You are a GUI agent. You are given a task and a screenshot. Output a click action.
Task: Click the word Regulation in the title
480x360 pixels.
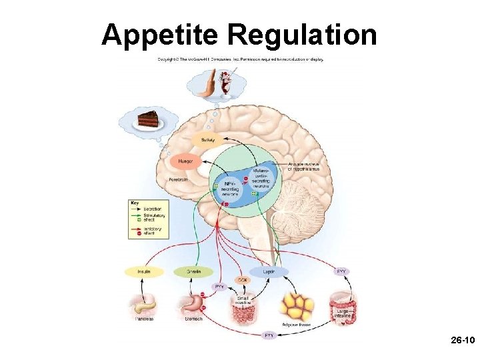(302, 35)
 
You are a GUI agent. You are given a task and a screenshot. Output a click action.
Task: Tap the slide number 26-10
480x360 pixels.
(461, 341)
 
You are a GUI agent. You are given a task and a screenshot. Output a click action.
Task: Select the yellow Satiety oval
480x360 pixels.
(208, 140)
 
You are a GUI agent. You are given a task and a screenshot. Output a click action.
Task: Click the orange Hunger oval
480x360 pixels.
(186, 161)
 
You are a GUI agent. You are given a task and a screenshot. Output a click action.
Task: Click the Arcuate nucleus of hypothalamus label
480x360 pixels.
(303, 167)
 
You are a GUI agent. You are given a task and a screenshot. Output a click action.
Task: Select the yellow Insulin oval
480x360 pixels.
(144, 271)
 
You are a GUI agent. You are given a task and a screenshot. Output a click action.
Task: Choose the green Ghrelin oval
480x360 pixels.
(193, 271)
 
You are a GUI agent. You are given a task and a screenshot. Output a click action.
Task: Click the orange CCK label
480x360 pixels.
(241, 279)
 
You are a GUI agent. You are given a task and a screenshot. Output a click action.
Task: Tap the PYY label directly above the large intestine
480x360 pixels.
(341, 271)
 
